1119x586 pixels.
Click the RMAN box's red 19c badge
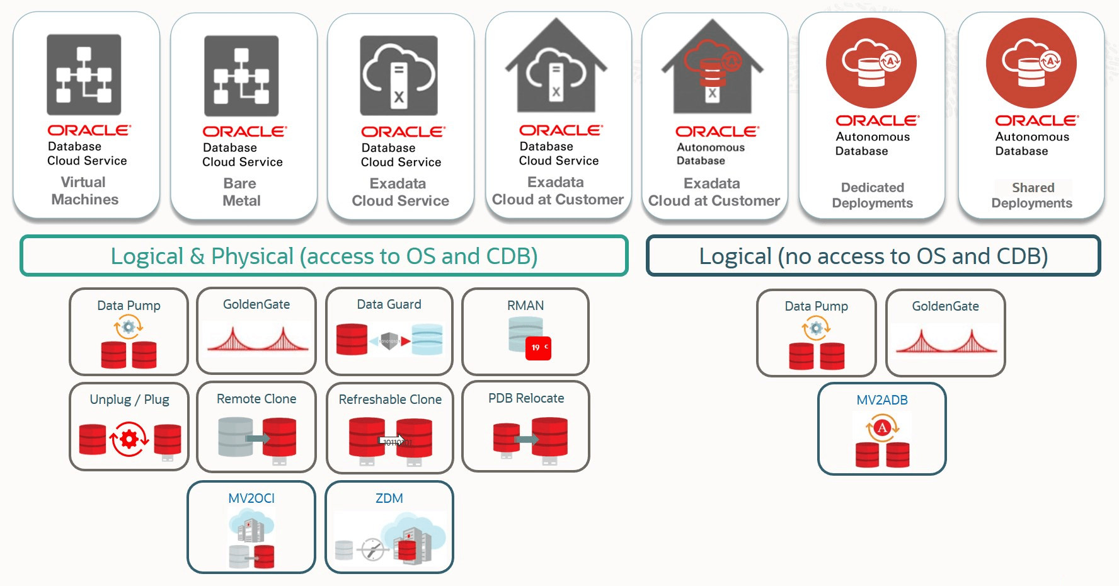[538, 348]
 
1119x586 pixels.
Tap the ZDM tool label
[389, 498]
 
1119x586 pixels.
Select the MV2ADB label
[881, 400]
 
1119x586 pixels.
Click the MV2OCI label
[251, 498]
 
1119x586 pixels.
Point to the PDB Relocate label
[526, 398]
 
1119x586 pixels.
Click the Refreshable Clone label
[390, 399]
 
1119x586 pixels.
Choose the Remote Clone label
[256, 399]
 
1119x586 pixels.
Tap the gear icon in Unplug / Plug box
[129, 439]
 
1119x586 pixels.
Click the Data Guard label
[389, 304]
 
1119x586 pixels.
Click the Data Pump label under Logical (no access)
[816, 306]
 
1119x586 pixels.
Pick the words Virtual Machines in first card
[84, 191]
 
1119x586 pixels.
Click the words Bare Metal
[241, 192]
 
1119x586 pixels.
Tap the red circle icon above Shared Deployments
[1031, 63]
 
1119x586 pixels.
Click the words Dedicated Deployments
[872, 195]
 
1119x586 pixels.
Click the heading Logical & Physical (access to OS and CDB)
[324, 256]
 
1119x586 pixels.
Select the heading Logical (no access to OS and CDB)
[873, 256]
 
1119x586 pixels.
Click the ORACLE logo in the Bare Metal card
[244, 132]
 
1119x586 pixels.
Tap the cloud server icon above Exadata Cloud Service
[398, 76]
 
